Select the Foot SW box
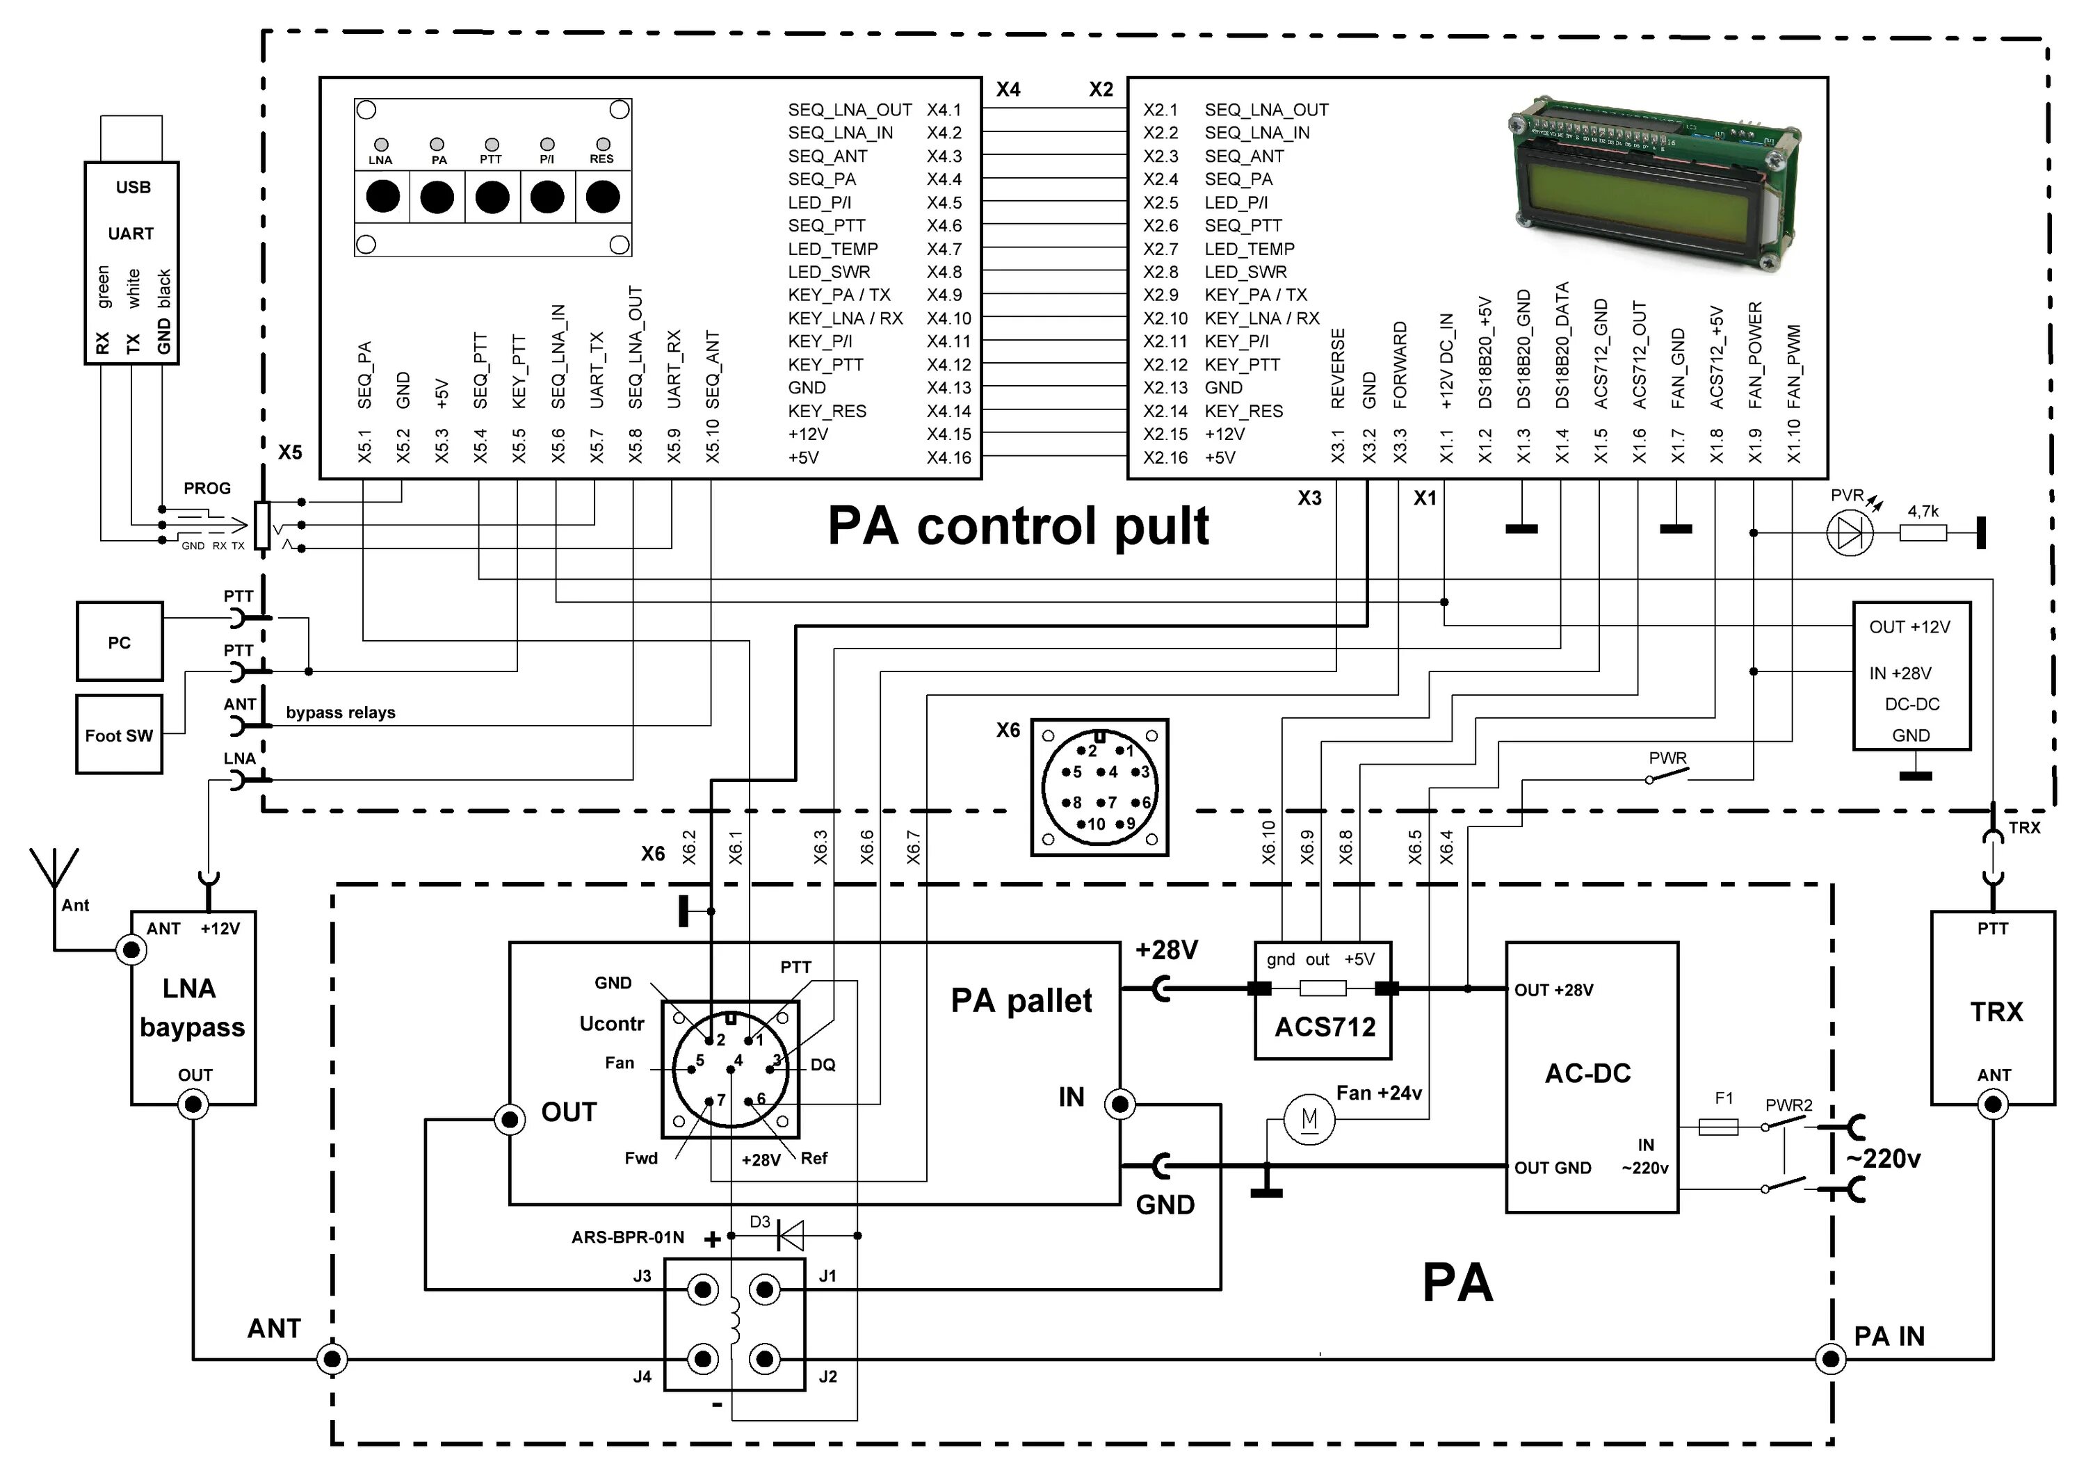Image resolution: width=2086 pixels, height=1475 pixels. (119, 734)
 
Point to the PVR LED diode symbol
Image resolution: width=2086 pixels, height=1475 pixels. (1850, 533)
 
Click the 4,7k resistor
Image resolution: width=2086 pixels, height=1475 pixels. (1923, 533)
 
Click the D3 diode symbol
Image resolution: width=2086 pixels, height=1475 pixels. (789, 1235)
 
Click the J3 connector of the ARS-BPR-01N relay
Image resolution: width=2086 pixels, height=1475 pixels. (702, 1289)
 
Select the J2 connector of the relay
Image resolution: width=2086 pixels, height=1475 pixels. (765, 1360)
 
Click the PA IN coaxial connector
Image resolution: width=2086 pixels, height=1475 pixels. (1830, 1360)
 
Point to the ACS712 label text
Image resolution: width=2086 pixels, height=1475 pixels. (1325, 1027)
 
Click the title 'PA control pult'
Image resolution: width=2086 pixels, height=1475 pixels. (1017, 526)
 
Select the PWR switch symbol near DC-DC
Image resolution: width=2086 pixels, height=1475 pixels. (1668, 775)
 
